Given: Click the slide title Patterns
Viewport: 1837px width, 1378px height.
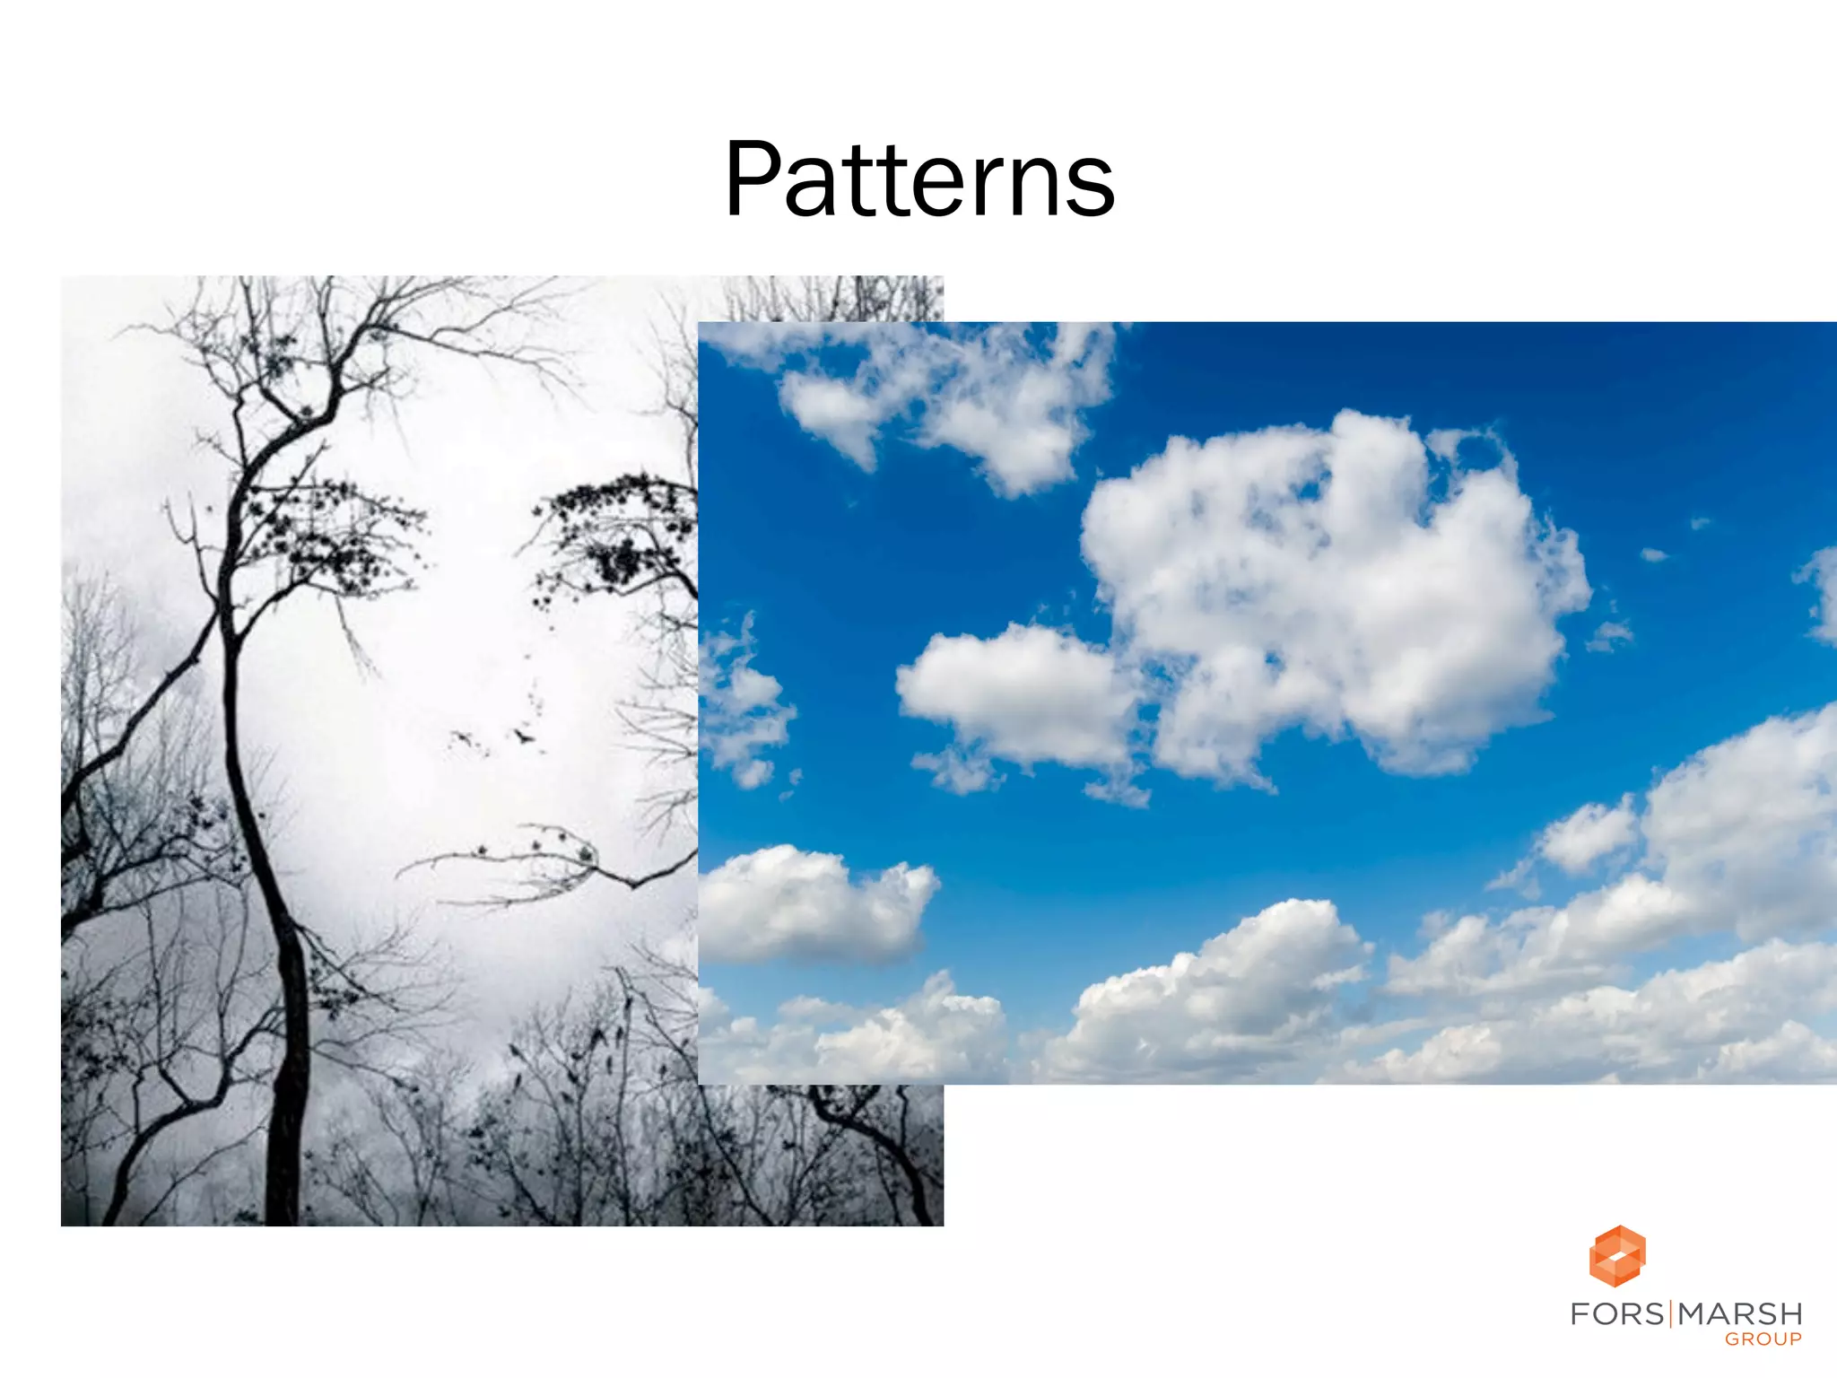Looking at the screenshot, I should pyautogui.click(x=918, y=179).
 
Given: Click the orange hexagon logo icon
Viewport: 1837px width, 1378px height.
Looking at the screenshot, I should pyautogui.click(x=1617, y=1255).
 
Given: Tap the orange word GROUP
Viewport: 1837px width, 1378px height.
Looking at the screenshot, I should pyautogui.click(x=1763, y=1339).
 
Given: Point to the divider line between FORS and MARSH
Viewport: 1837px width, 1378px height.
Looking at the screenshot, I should pyautogui.click(x=1671, y=1314).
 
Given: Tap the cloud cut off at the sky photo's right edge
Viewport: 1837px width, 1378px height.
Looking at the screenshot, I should pyautogui.click(x=1821, y=592).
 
